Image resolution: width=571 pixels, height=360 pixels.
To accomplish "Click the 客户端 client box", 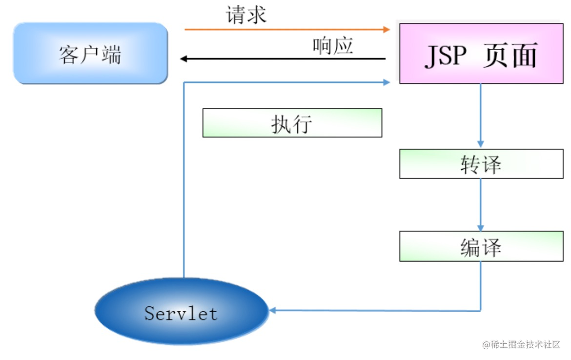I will coord(90,54).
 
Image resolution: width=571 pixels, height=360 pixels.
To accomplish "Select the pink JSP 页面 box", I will coord(481,54).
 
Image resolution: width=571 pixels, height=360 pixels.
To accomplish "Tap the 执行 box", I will coord(292,123).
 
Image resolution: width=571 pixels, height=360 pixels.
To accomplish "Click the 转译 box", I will coord(481,164).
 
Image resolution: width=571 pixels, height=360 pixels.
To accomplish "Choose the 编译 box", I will coord(481,246).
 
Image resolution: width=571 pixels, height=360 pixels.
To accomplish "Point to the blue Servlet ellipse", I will coord(181,311).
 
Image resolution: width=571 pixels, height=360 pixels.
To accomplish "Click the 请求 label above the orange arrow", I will coord(246,15).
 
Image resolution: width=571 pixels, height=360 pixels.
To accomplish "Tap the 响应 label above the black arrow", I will coord(333,46).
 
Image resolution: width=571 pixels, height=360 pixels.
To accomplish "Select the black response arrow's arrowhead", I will coord(184,59).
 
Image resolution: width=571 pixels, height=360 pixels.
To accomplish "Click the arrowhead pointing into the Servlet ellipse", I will coord(273,310).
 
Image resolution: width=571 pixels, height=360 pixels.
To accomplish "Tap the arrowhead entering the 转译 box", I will coord(481,144).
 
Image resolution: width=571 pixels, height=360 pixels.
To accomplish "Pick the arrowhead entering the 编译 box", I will coord(481,227).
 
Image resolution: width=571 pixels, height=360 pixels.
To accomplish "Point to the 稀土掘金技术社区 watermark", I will coord(521,345).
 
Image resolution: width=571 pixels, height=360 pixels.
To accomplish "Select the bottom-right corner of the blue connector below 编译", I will coord(481,311).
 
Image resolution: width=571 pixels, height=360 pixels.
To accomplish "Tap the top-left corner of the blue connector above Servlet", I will coord(184,82).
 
